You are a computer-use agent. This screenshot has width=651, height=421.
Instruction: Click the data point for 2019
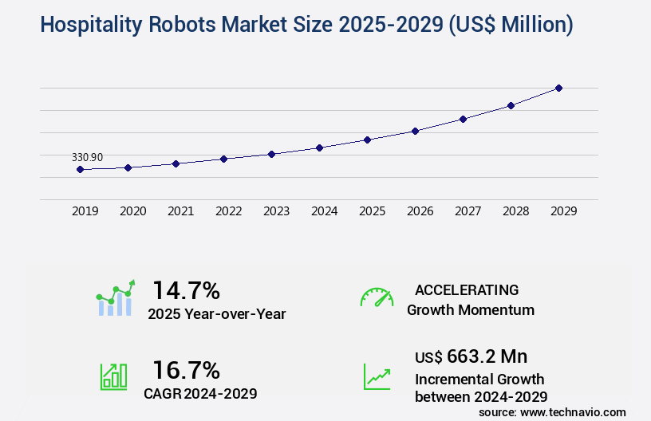pyautogui.click(x=80, y=169)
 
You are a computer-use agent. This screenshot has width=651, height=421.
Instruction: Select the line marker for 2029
pyautogui.click(x=558, y=88)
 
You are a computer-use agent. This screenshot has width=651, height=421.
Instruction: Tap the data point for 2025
pyautogui.click(x=367, y=140)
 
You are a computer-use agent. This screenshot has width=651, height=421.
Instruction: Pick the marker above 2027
pyautogui.click(x=463, y=119)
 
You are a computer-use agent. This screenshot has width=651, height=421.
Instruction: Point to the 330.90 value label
pyautogui.click(x=87, y=157)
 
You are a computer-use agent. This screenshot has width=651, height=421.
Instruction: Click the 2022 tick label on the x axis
pyautogui.click(x=228, y=211)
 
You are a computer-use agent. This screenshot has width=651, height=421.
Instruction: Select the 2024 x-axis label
pyautogui.click(x=324, y=211)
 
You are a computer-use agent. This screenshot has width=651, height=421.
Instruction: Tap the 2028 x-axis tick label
pyautogui.click(x=515, y=211)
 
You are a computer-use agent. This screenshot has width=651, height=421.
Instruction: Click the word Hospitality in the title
pyautogui.click(x=89, y=26)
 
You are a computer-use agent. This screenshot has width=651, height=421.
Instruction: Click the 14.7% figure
pyautogui.click(x=186, y=290)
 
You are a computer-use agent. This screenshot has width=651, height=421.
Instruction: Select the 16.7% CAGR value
pyautogui.click(x=186, y=370)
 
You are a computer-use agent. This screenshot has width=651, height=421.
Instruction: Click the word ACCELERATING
pyautogui.click(x=467, y=290)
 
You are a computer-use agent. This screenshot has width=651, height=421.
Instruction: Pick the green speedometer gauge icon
pyautogui.click(x=377, y=297)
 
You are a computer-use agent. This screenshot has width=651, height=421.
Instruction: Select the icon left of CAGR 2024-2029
pyautogui.click(x=113, y=376)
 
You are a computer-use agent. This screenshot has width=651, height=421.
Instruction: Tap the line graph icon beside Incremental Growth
pyautogui.click(x=377, y=376)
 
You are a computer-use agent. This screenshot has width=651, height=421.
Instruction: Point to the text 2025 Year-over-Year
pyautogui.click(x=216, y=314)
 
